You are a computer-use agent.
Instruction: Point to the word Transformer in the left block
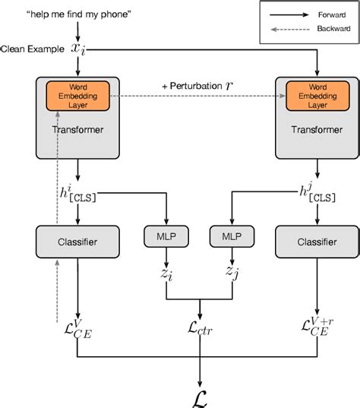pyautogui.click(x=79, y=129)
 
